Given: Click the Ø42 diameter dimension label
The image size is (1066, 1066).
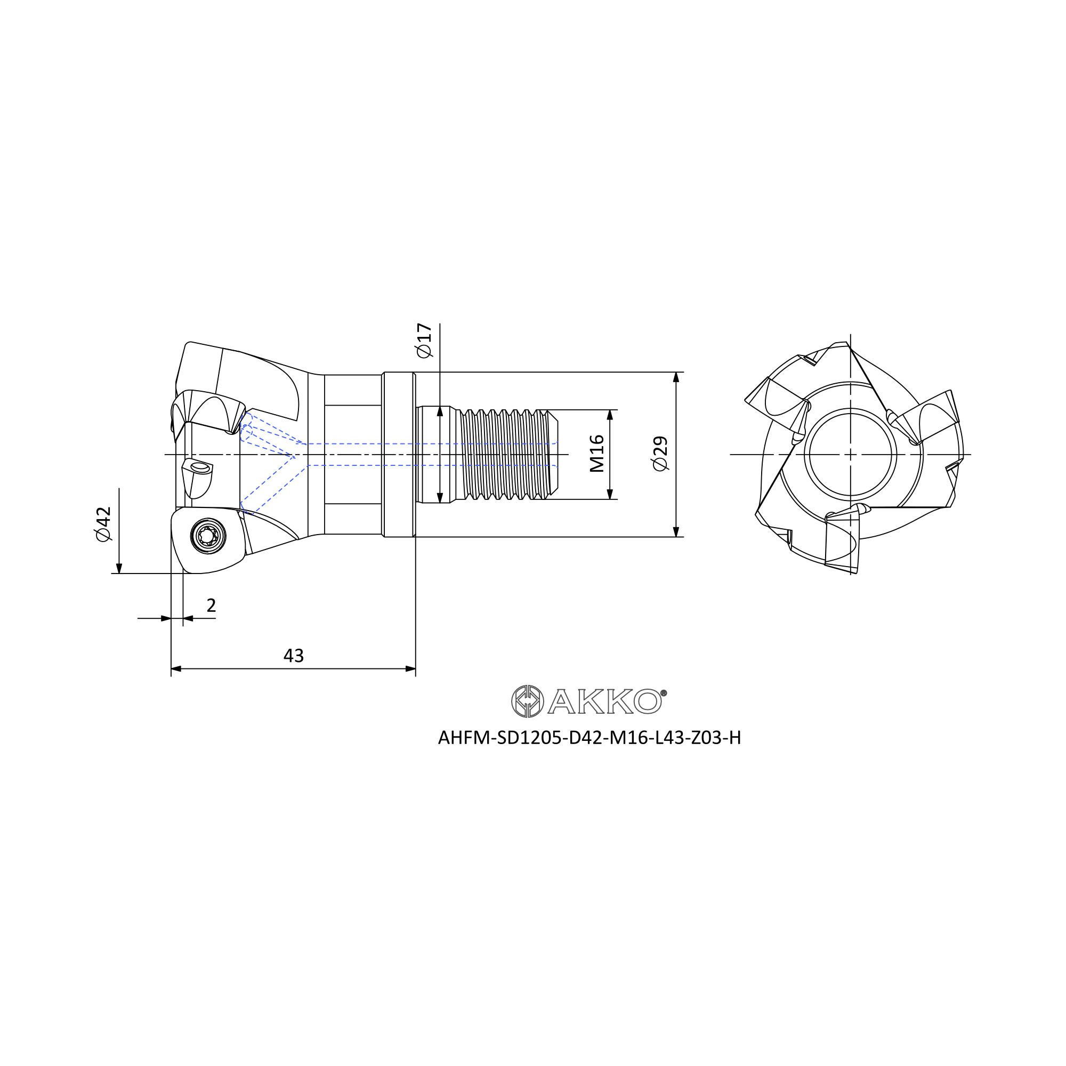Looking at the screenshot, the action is [103, 524].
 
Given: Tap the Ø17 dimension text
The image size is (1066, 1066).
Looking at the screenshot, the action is [424, 341].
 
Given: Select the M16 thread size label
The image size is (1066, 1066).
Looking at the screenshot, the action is [597, 454].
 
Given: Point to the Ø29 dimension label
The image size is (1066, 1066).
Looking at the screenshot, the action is [660, 454].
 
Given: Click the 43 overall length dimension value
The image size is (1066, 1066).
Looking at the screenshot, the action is [294, 656].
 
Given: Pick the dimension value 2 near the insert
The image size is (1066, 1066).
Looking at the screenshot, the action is [211, 605].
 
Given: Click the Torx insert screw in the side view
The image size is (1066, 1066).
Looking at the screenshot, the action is [208, 536].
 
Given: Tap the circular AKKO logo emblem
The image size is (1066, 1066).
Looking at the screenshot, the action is [528, 701].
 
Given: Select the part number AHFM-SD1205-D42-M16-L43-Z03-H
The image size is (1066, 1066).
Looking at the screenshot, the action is [589, 738].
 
